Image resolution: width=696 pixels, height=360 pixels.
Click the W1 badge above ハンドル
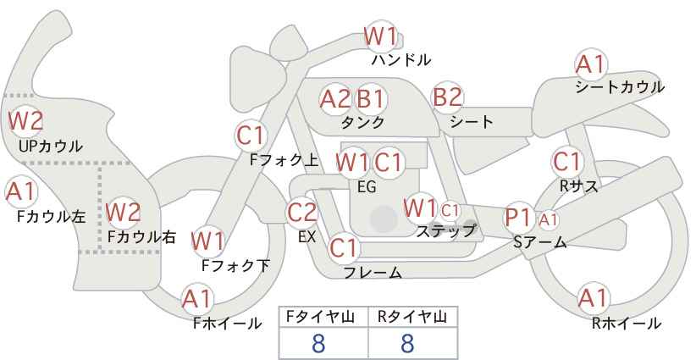[380, 36]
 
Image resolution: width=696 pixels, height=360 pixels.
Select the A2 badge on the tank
[335, 98]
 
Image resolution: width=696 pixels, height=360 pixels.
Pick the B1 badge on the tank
[370, 98]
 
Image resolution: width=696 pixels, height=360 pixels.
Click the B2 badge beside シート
[447, 97]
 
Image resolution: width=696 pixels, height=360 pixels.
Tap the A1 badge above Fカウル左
[19, 191]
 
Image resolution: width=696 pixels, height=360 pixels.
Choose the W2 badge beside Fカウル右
[124, 211]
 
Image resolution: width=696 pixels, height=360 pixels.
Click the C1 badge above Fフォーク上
[251, 135]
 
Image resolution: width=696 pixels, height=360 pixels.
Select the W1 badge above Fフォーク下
[207, 241]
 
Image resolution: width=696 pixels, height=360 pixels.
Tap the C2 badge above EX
[302, 212]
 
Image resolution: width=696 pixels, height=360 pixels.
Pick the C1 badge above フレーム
[344, 248]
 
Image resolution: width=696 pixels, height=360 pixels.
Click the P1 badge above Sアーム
[517, 217]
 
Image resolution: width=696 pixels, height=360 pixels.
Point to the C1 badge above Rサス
[566, 161]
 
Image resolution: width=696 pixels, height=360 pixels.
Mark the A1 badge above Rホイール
[592, 298]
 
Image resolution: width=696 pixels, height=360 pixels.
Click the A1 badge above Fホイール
[197, 299]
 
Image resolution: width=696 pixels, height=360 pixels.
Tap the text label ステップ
[446, 230]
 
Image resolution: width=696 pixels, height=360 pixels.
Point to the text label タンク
[363, 123]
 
